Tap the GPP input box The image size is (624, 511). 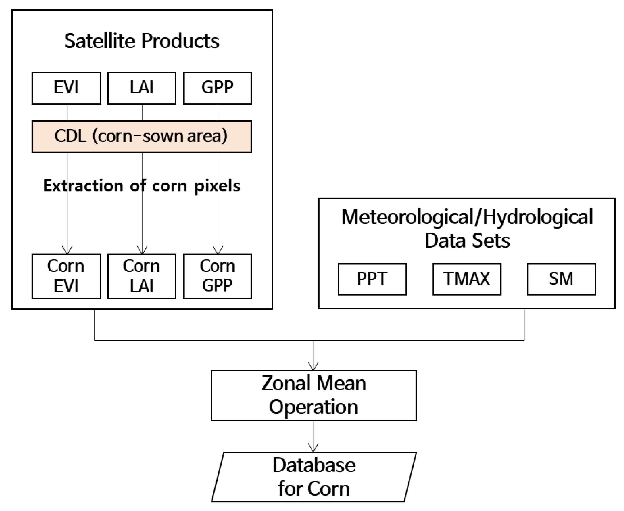pos(217,88)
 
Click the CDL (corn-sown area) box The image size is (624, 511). pos(142,136)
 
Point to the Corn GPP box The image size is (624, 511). pos(217,276)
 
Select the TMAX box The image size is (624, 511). pos(467,279)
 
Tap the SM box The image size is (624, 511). pos(561,279)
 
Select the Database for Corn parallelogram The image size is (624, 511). pos(313,477)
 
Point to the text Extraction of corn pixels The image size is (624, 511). pos(142,186)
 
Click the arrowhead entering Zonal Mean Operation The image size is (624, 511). pos(313,367)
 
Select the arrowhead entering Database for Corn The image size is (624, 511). pos(313,448)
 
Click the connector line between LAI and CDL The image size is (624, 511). pos(142,112)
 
